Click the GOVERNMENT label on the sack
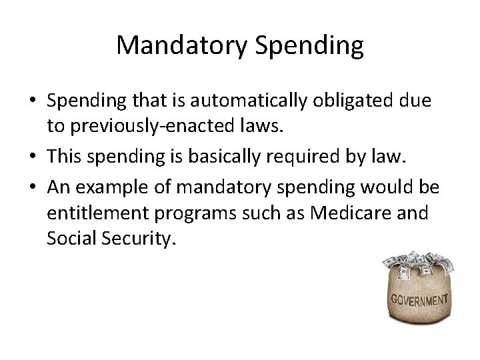coord(419,299)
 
